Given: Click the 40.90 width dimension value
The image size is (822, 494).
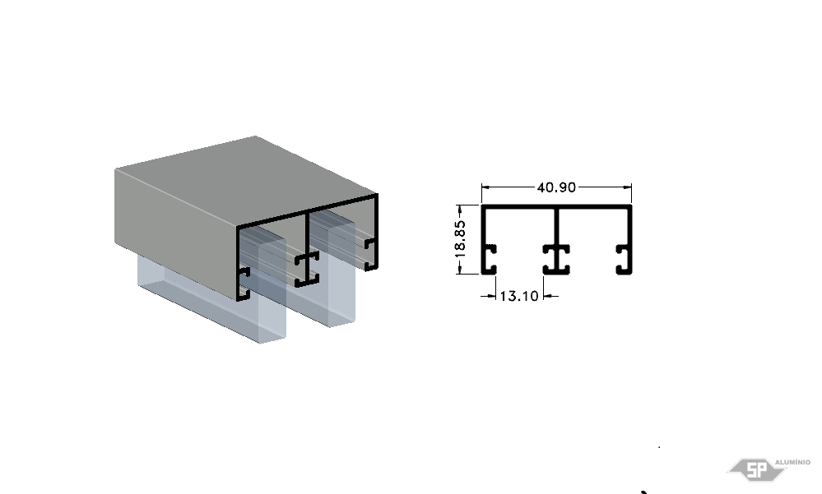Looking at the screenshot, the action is (556, 187).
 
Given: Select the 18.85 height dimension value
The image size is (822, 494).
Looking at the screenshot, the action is (460, 239).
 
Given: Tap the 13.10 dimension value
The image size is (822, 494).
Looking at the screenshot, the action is (519, 296).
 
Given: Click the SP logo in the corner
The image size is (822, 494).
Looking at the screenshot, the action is (756, 469).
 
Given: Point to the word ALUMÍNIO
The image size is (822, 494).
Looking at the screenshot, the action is (792, 462).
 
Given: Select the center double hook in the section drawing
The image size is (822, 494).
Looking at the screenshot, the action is (556, 259).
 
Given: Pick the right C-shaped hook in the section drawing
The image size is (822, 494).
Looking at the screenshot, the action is (624, 259).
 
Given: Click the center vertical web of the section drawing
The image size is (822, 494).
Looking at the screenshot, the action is (556, 226).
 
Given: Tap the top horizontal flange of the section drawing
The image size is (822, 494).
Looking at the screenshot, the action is (556, 206).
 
